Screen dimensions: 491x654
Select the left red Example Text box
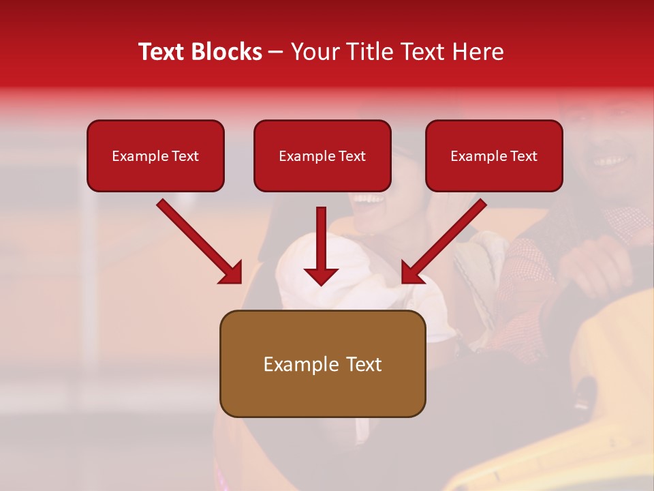click(155, 156)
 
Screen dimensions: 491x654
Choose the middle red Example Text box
click(322, 156)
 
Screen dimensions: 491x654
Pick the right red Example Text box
click(494, 156)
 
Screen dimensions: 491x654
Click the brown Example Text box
click(322, 364)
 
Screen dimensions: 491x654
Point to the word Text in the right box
click(523, 156)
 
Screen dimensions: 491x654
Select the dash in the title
click(276, 53)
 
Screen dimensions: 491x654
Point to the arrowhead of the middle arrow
click(321, 276)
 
